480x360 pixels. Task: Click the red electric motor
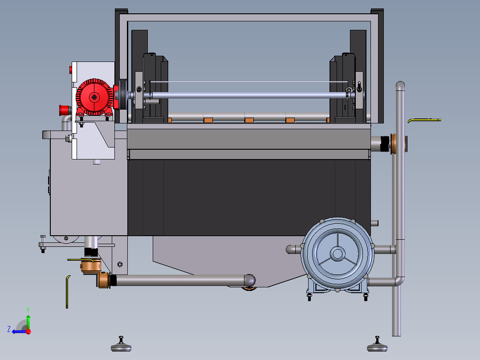click(x=95, y=98)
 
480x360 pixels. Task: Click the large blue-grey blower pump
click(x=338, y=255)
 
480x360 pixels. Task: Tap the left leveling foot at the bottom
click(x=121, y=344)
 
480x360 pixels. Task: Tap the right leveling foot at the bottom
click(x=377, y=344)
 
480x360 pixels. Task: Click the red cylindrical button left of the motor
click(x=64, y=110)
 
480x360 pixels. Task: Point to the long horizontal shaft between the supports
click(x=248, y=95)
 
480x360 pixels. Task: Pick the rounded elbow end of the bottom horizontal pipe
click(x=249, y=280)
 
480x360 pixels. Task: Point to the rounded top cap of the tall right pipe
click(x=400, y=86)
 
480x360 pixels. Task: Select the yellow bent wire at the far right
click(x=424, y=120)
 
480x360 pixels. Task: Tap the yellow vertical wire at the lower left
click(x=67, y=292)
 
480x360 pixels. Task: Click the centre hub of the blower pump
click(x=338, y=254)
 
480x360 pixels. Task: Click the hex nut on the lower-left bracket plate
click(x=120, y=264)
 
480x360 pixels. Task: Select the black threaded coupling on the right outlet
click(x=385, y=144)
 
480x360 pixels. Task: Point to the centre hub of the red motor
click(x=94, y=98)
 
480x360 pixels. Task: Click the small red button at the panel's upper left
click(x=71, y=70)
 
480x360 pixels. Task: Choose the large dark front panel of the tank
click(x=249, y=198)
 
